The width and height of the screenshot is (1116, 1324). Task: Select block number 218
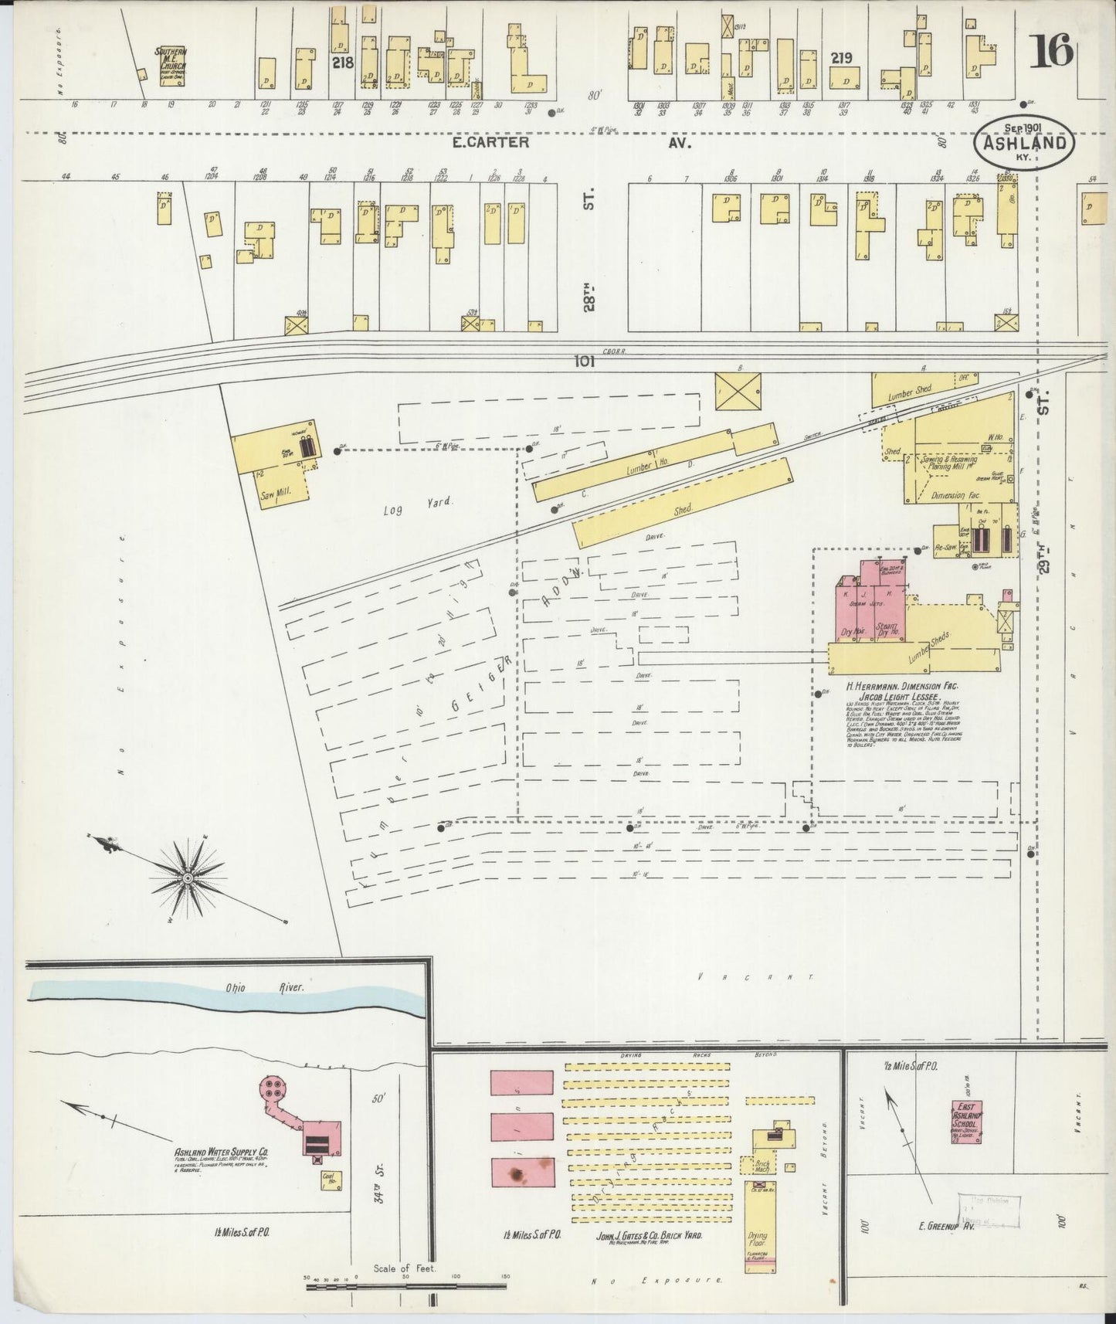point(342,63)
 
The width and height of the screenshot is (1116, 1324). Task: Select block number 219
point(841,57)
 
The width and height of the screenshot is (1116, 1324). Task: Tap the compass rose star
point(188,878)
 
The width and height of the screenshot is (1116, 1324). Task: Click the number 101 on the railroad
point(585,361)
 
